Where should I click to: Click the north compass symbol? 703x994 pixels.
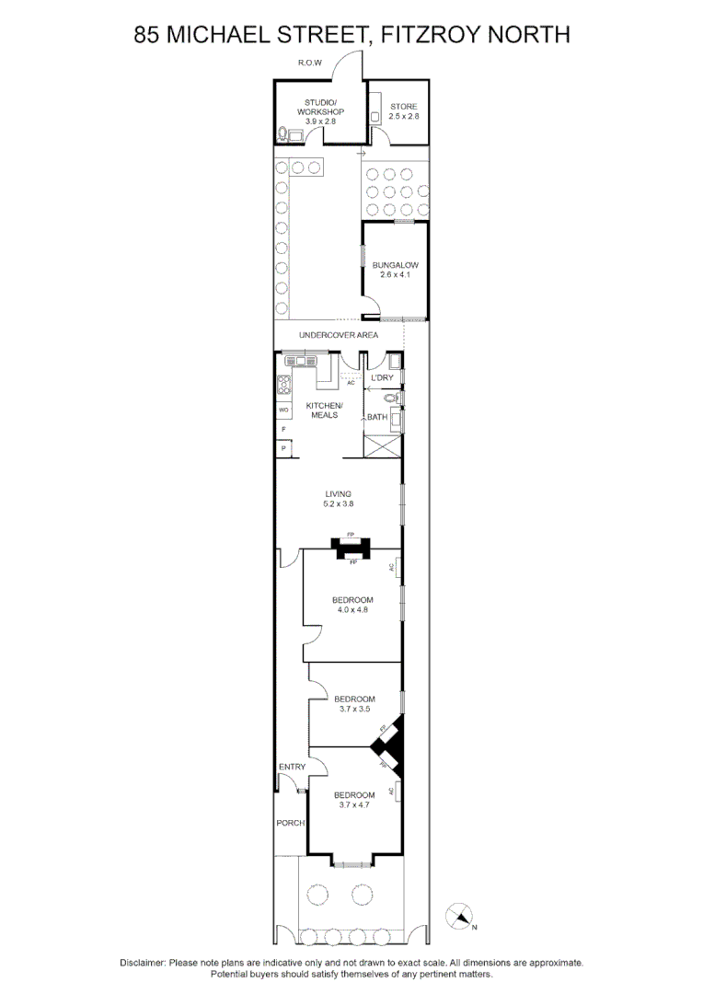tap(459, 916)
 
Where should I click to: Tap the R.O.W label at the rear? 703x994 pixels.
tap(308, 63)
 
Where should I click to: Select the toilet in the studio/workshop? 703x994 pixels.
tap(282, 134)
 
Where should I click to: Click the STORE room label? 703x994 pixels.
tap(403, 107)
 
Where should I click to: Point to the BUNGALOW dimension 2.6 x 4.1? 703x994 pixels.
tap(395, 275)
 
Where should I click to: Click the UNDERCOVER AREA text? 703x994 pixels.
tap(338, 335)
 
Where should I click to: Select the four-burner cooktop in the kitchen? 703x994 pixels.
tap(284, 385)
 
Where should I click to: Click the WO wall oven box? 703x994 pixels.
tap(283, 410)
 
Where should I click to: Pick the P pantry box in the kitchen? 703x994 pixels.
tap(283, 448)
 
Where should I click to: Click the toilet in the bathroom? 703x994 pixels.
tap(391, 399)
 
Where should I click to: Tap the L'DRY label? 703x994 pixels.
tap(381, 378)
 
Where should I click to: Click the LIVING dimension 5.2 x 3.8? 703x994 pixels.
tap(339, 504)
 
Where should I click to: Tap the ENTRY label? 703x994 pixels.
tap(292, 767)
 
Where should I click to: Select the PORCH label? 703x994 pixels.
tap(290, 823)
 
